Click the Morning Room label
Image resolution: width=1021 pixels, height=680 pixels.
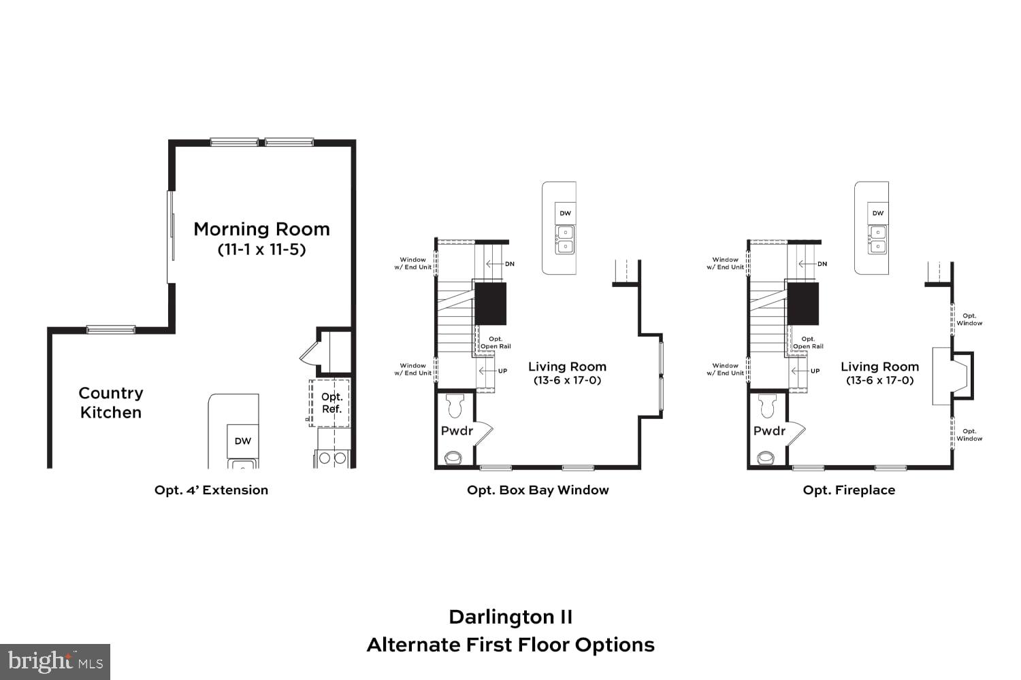click(261, 229)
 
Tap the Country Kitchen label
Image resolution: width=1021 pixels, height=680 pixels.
click(110, 403)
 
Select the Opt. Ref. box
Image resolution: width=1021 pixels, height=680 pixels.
click(331, 403)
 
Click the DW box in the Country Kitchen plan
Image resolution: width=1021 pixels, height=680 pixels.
click(243, 441)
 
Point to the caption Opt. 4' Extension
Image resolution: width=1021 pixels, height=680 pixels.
click(211, 490)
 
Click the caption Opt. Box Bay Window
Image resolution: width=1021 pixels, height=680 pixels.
click(538, 490)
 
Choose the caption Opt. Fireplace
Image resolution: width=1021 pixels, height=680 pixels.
click(849, 490)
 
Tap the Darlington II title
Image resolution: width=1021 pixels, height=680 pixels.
click(510, 617)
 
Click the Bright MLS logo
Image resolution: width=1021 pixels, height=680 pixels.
click(55, 662)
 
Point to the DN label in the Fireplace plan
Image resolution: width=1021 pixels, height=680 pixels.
click(822, 264)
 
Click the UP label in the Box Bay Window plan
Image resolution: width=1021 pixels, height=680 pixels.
click(502, 371)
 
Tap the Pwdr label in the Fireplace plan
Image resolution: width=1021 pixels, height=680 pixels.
click(769, 431)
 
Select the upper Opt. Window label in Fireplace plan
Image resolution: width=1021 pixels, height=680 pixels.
click(969, 320)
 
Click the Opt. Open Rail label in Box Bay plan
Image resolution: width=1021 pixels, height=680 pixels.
click(496, 343)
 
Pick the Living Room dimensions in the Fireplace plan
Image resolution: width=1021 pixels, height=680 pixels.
click(879, 381)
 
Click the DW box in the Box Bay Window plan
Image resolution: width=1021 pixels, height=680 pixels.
click(565, 214)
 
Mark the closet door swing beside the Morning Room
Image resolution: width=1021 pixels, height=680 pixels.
click(310, 353)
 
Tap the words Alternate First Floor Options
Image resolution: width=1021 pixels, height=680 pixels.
click(510, 645)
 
